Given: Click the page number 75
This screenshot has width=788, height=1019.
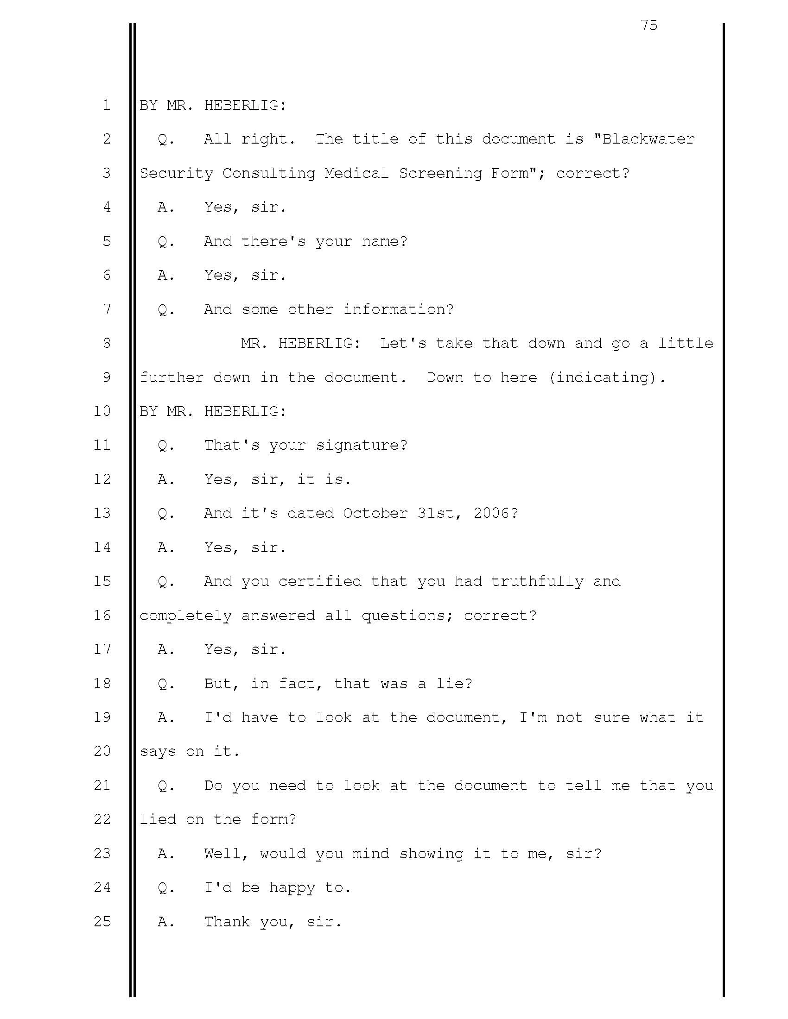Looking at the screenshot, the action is coord(649,25).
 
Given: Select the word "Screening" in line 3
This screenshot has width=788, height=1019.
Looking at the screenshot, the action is coord(440,173).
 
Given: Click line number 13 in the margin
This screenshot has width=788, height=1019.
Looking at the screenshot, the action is coord(102,513).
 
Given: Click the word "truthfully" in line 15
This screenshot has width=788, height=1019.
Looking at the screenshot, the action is coord(537,581).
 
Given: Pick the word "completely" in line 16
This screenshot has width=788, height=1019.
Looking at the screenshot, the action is coord(186,616).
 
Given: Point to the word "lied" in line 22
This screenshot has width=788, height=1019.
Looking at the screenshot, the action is coord(158,819).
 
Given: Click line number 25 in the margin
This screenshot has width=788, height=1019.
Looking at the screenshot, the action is coord(102,921).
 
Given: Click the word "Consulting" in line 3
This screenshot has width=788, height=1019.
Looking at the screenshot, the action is coord(269,173).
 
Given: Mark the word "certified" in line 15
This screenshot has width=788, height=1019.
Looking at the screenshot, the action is coord(320,581).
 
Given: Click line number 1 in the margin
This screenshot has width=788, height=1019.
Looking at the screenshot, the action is coord(107,105).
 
